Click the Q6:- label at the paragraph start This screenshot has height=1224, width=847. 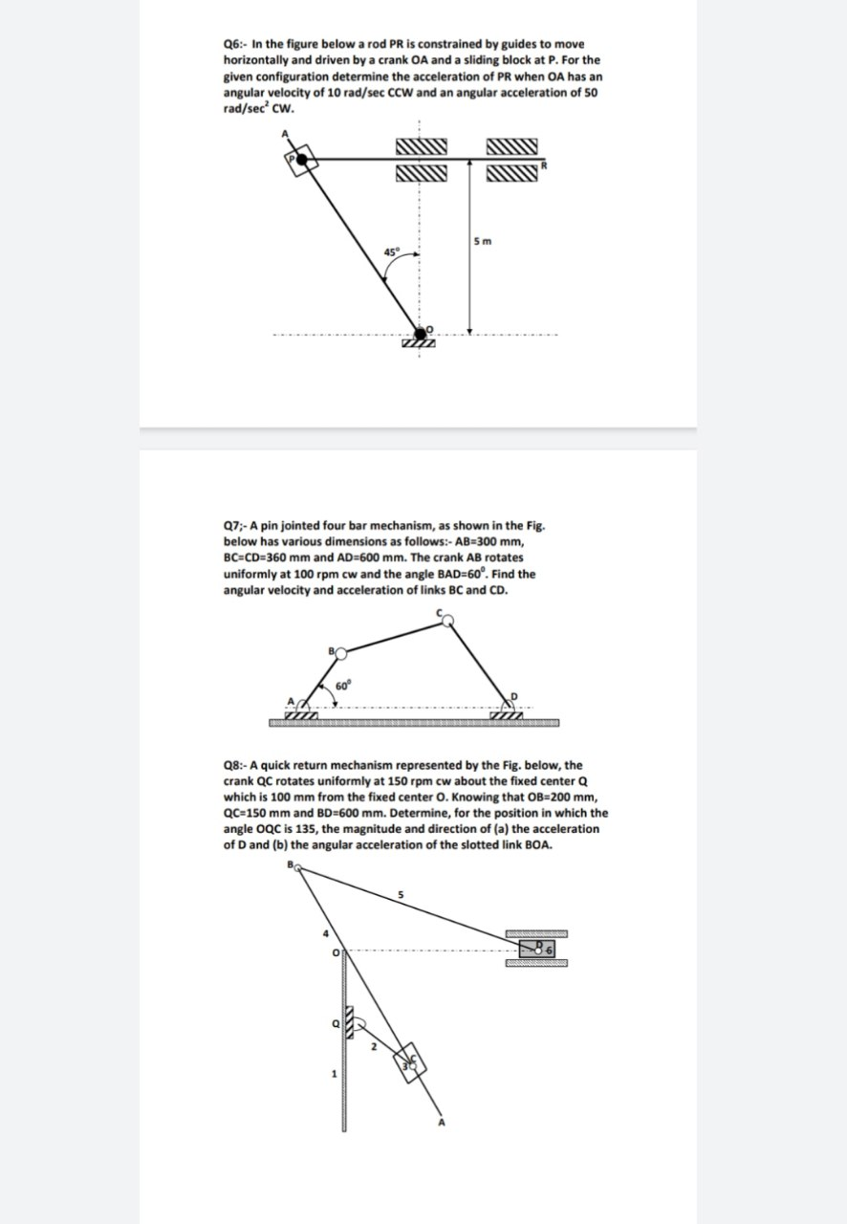coord(235,45)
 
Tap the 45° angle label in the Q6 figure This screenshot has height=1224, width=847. coord(389,251)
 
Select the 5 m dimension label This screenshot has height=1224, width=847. coord(482,240)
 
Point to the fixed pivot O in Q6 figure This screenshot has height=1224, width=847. coord(417,333)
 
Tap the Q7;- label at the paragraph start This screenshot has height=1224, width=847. coord(235,525)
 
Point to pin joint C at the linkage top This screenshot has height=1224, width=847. coord(447,620)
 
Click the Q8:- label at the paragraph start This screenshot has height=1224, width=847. coord(235,765)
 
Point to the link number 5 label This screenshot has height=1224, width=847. coord(402,895)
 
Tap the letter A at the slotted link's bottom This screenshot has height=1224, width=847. coord(442,1123)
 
